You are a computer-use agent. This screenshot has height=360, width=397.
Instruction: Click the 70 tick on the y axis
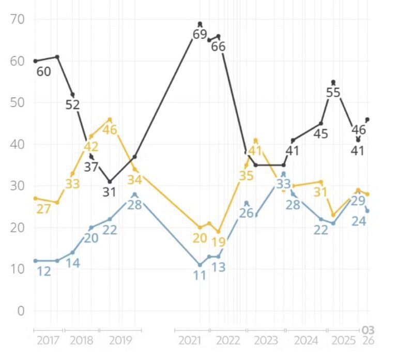17,20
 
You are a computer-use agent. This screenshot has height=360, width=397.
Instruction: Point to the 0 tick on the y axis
21,311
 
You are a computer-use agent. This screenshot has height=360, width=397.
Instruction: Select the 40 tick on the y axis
17,144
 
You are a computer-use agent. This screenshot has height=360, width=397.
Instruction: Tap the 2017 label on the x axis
48,340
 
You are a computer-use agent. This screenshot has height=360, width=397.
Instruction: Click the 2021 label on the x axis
190,340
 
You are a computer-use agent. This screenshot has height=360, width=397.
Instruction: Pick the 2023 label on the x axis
266,340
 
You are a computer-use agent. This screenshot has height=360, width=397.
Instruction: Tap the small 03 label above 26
368,330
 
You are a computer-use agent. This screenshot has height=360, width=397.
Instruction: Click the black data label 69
200,35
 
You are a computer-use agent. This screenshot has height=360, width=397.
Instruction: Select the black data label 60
43,71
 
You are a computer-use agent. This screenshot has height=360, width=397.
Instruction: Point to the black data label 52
72,104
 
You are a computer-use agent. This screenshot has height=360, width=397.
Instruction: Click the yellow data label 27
43,208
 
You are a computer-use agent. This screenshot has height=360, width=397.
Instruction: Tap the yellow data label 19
219,242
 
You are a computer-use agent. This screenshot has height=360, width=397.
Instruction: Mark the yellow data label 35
247,175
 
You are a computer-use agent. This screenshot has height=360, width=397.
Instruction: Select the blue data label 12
43,271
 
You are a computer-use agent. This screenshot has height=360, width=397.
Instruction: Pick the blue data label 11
200,275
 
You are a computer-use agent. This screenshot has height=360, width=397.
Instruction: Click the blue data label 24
359,221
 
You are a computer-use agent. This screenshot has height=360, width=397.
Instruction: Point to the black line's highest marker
200,24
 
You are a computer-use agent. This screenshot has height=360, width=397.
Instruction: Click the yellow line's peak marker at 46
110,119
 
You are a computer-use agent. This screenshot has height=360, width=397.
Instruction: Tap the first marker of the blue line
35,261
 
